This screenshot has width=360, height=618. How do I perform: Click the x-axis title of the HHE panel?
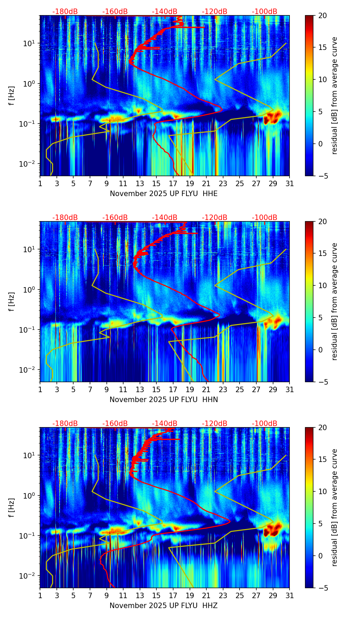[x=164, y=194]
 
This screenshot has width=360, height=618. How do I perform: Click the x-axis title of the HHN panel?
[x=164, y=400]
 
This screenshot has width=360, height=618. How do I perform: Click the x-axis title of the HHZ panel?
[x=164, y=606]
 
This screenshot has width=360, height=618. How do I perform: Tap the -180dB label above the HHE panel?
[x=65, y=12]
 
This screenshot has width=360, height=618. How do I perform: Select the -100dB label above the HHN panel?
[x=265, y=218]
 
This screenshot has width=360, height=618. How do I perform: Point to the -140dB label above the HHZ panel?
[x=165, y=424]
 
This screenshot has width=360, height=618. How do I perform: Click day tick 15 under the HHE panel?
[x=156, y=183]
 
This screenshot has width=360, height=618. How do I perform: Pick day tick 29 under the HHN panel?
[x=273, y=389]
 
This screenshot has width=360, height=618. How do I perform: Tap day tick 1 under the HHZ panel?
[x=40, y=595]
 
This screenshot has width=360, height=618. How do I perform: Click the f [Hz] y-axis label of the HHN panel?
[x=12, y=301]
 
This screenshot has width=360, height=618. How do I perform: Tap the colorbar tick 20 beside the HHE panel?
[x=323, y=16]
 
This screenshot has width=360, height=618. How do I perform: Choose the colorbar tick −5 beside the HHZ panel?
[x=323, y=588]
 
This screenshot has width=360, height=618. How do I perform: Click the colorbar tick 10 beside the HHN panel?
[x=323, y=285]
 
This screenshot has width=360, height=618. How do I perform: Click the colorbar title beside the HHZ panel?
[x=334, y=507]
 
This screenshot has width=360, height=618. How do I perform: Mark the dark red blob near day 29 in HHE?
[x=273, y=117]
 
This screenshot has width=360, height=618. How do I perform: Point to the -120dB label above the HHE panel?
[x=215, y=12]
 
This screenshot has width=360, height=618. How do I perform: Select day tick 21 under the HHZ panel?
[x=206, y=595]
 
